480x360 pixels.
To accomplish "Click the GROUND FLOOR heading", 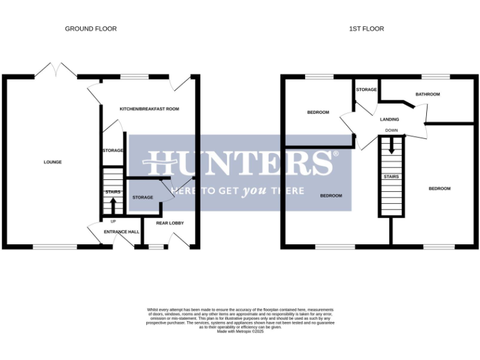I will point(91,29).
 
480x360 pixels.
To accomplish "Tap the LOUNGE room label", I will point(52,162).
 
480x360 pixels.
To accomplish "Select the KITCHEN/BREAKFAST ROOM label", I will point(149,109).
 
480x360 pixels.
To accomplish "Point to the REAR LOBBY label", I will point(170,222).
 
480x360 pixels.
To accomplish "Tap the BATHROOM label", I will point(428,94).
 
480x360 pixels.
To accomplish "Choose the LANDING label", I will point(389,119).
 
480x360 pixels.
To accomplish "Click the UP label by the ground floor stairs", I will point(113,221).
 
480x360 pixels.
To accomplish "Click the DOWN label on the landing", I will point(391,131).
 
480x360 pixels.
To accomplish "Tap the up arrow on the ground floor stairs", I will point(113,205).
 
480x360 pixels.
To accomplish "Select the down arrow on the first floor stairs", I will point(391,147).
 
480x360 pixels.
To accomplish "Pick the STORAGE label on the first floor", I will point(367,90).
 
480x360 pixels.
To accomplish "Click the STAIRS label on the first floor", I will point(391,177).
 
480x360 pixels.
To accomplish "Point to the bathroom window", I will point(436,77).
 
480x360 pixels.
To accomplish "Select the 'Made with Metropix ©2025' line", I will point(241,331).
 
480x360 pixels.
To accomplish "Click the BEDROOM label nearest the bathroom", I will point(439,188).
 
